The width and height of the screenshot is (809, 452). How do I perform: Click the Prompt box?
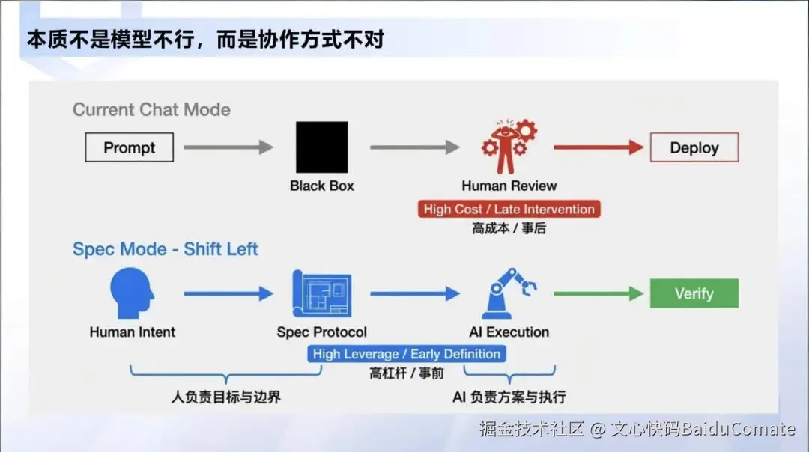(129, 147)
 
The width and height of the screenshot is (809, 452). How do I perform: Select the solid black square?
(321, 147)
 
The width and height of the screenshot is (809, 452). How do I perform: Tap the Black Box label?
(321, 186)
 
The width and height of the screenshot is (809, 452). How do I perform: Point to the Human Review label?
(509, 186)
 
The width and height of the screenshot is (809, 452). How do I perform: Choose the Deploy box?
(694, 147)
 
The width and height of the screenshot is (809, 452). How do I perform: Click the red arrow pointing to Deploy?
(599, 147)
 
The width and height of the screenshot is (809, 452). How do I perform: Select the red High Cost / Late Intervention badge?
(509, 210)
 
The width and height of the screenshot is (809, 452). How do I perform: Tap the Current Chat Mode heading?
(151, 109)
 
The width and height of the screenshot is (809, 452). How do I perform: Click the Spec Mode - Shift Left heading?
(165, 249)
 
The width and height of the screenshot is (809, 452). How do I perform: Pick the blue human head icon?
(132, 294)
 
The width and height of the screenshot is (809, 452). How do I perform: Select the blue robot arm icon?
(509, 294)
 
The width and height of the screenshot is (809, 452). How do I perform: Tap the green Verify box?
(694, 293)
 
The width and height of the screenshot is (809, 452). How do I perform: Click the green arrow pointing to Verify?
(599, 294)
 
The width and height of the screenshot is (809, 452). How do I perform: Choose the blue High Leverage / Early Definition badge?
(406, 354)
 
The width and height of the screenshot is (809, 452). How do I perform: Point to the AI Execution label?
(509, 332)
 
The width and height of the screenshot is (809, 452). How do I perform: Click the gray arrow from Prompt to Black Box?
(228, 147)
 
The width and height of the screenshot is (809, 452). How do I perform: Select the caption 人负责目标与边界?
(225, 397)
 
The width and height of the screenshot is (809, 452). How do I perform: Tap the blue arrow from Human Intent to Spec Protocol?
(228, 294)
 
